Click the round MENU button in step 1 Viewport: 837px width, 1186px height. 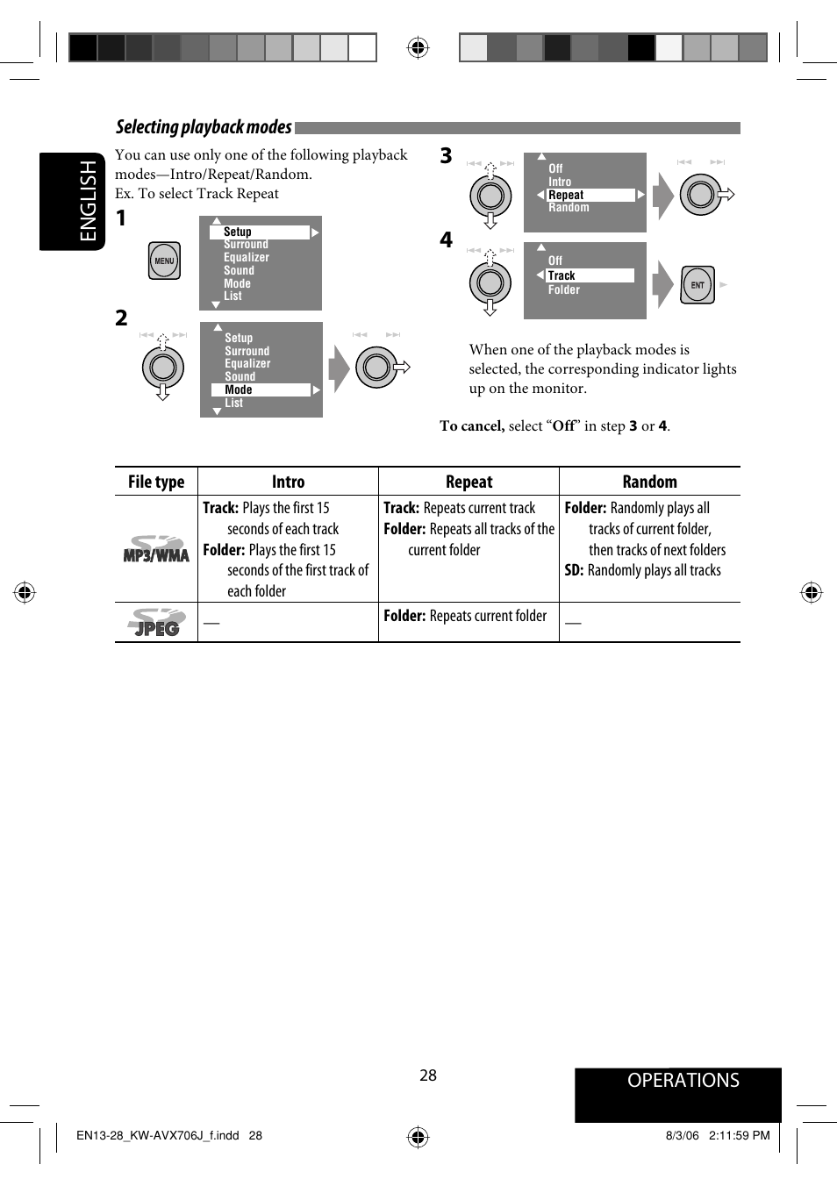click(x=164, y=261)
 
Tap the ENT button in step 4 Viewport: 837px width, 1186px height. click(x=697, y=284)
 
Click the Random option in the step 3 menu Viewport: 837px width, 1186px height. click(x=569, y=208)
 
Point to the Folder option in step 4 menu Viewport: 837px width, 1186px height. click(x=564, y=290)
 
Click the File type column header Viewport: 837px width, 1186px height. click(x=156, y=482)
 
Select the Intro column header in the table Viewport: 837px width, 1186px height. click(x=288, y=482)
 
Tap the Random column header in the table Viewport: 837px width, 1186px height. click(x=649, y=482)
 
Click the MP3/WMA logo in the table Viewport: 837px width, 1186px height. click(x=156, y=549)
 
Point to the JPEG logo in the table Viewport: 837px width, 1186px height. click(x=156, y=623)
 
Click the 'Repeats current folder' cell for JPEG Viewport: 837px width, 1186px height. click(x=465, y=616)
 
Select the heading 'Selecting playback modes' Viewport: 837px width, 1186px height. click(x=204, y=127)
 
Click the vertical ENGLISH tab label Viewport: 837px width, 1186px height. click(x=89, y=201)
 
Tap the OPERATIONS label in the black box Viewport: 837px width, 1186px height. click(x=683, y=1081)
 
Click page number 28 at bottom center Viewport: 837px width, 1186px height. click(x=428, y=1075)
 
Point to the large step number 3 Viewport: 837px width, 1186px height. click(x=446, y=156)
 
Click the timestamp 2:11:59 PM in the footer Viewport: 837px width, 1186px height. click(x=739, y=1135)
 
